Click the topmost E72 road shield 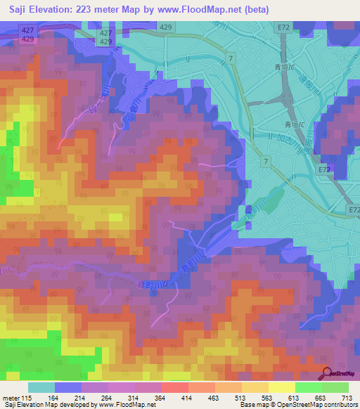click(282, 27)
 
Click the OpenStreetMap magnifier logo click(326, 373)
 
